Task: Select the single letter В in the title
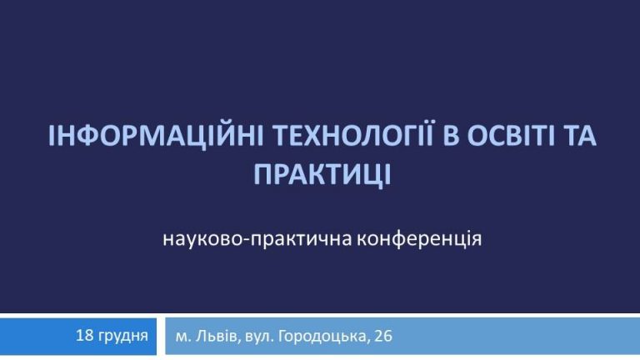click(450, 136)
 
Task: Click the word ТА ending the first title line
click(580, 136)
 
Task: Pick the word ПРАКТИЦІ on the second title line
click(322, 175)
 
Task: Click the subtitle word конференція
click(420, 239)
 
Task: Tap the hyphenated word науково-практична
click(257, 240)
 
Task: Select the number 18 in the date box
click(85, 336)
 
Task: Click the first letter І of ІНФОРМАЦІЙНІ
click(52, 136)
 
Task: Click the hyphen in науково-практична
click(246, 241)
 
